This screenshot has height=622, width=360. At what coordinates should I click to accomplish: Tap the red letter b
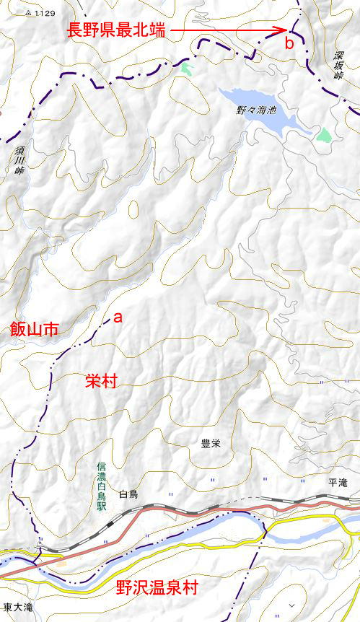[x=289, y=44]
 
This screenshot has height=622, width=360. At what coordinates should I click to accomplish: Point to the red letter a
[x=118, y=317]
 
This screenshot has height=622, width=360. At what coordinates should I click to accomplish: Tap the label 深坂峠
[x=338, y=65]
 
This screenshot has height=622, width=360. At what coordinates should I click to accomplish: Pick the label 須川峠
[x=19, y=162]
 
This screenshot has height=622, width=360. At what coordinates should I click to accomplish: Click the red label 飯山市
[x=34, y=330]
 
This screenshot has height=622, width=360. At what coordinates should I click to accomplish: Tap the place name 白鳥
[x=128, y=494]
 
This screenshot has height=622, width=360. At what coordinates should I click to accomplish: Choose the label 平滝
[x=338, y=483]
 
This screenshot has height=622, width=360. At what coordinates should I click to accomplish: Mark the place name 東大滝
[x=17, y=608]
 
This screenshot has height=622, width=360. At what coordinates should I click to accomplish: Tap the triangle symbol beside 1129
[x=27, y=13]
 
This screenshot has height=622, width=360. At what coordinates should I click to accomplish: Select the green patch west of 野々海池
[x=188, y=69]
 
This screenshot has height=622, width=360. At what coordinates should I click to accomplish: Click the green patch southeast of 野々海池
[x=323, y=134]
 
